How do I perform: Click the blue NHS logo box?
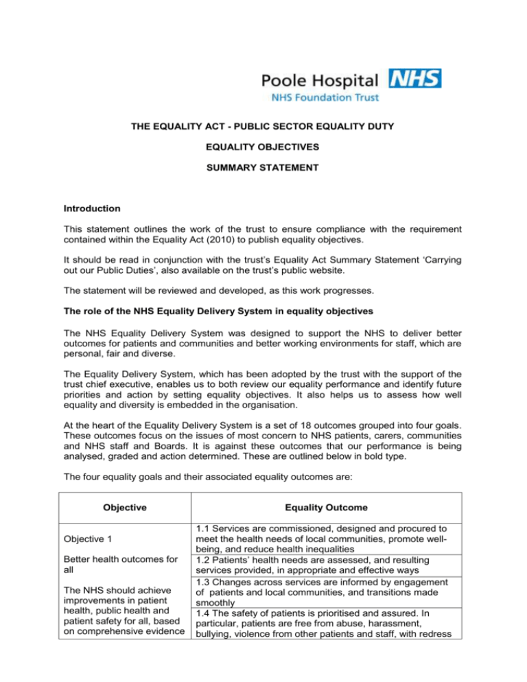tap(415, 78)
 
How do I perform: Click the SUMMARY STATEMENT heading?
tap(263, 167)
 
